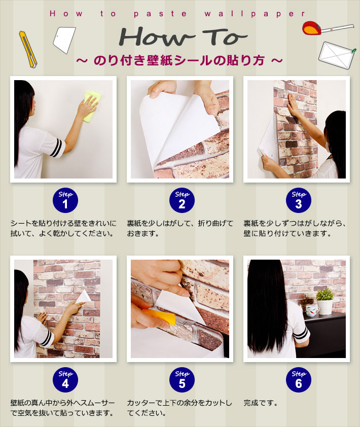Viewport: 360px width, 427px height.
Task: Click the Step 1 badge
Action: coord(65,200)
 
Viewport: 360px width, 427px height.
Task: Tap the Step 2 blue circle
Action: coord(182,200)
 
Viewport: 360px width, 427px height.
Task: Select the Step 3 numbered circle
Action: coord(299,200)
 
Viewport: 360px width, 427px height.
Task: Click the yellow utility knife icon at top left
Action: coord(28,49)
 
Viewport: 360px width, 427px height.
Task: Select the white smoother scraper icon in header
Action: coord(64,40)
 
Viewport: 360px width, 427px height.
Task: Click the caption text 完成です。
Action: coord(261,403)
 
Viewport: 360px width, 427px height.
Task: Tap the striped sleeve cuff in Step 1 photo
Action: coord(57,148)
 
